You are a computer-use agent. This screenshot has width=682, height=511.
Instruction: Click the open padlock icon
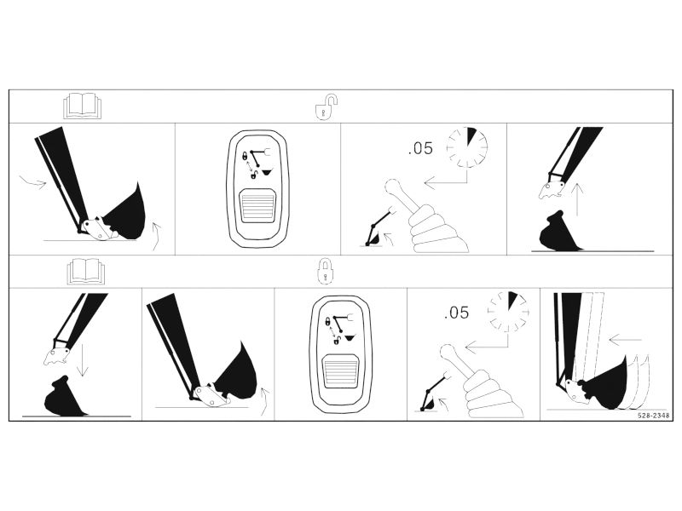pos(326,106)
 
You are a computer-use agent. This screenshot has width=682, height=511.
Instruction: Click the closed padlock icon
pos(325,271)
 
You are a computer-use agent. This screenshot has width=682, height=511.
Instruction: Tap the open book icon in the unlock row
pos(83,106)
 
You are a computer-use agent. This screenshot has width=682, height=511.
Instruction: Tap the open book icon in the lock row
pos(86,272)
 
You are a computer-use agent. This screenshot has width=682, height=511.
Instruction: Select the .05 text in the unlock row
pos(420,148)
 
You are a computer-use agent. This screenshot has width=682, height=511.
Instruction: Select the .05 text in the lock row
pos(457,313)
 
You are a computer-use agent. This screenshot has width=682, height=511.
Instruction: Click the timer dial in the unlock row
pos(466,147)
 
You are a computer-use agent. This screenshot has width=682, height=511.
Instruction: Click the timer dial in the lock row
pos(508,312)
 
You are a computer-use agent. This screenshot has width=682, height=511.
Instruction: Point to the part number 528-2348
pos(654,416)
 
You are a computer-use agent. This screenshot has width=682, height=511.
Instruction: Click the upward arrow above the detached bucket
pos(577,199)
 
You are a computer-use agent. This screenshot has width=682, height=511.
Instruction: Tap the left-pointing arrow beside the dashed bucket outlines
pos(626,339)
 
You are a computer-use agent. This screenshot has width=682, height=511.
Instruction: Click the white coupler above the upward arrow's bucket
pos(552,189)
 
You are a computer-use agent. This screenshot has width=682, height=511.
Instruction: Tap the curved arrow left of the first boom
pos(33,182)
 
